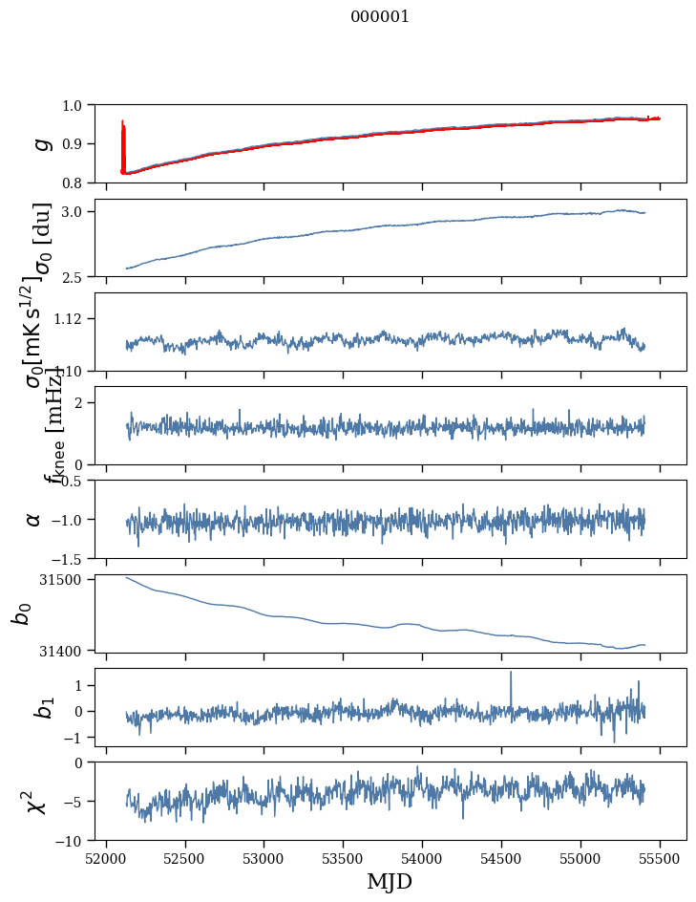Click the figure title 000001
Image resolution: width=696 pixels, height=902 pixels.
380,17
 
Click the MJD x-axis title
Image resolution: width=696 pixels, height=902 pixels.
390,882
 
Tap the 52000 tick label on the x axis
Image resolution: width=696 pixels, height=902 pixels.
106,858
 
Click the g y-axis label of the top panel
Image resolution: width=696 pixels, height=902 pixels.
40,143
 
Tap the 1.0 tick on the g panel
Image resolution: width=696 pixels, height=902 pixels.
74,105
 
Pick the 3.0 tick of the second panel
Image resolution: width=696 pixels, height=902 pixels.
74,211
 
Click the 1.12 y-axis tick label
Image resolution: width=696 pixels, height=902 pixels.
70,318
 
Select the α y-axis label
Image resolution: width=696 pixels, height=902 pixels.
33,519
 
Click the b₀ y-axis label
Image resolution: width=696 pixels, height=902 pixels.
21,613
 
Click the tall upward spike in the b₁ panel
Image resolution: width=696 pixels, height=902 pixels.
511,674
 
